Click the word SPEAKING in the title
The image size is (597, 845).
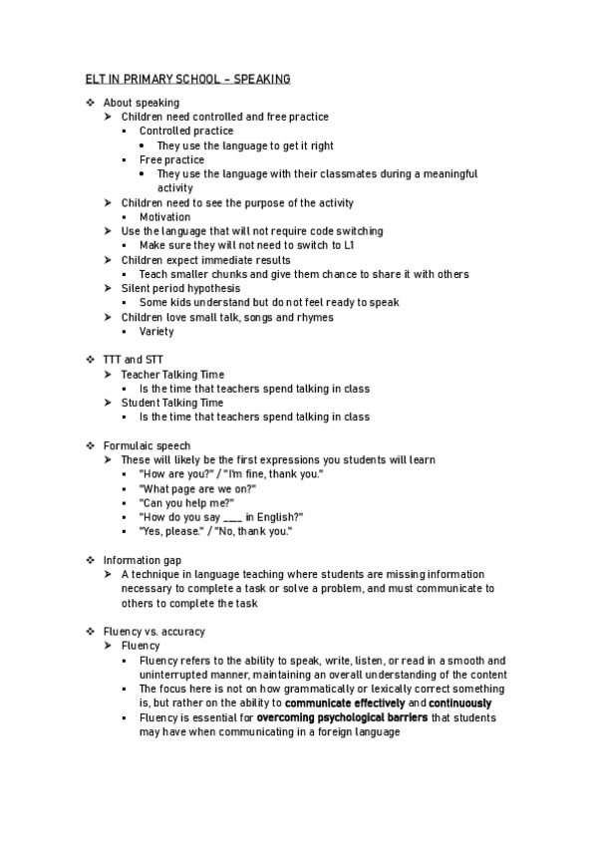pos(262,78)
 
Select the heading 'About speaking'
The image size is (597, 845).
pos(142,103)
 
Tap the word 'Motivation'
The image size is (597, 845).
pos(164,217)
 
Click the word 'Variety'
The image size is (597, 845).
pos(156,332)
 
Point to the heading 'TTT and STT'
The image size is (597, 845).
pos(134,360)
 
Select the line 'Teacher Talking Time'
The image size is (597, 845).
pos(172,375)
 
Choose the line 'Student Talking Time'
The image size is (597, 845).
pos(172,403)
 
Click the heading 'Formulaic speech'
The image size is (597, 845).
pos(148,445)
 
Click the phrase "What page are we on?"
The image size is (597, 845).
pos(197,489)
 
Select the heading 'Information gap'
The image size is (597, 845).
pos(143,561)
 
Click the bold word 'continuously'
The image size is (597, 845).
pos(460,704)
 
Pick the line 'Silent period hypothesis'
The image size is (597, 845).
pos(180,288)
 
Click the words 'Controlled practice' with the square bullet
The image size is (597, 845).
pos(186,131)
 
